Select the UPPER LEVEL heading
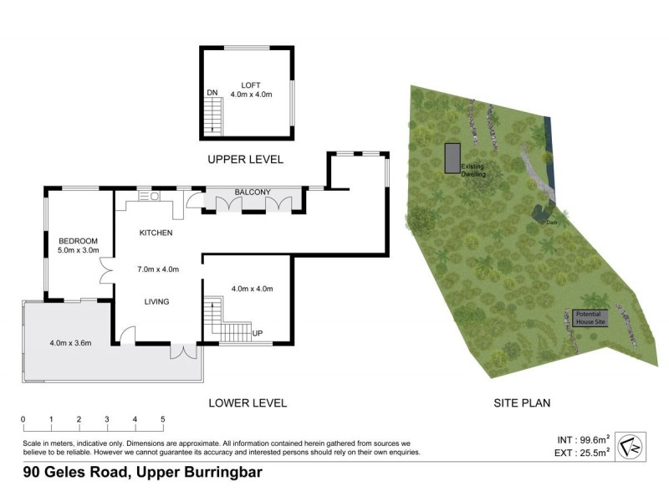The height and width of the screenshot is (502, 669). click(246, 159)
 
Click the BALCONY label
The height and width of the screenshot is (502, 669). click(252, 192)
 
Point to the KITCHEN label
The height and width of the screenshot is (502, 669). click(156, 233)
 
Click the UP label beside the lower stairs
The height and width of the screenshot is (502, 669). click(258, 334)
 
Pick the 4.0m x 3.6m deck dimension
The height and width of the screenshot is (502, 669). click(70, 342)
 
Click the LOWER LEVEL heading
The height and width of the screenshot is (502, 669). click(247, 403)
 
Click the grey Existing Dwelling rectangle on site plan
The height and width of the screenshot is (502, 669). click(452, 156)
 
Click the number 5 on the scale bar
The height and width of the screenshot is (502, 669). click(162, 420)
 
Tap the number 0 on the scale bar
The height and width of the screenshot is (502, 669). click(23, 420)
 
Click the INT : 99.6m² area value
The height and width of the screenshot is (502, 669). click(583, 438)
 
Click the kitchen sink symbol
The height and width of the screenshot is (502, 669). click(155, 197)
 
